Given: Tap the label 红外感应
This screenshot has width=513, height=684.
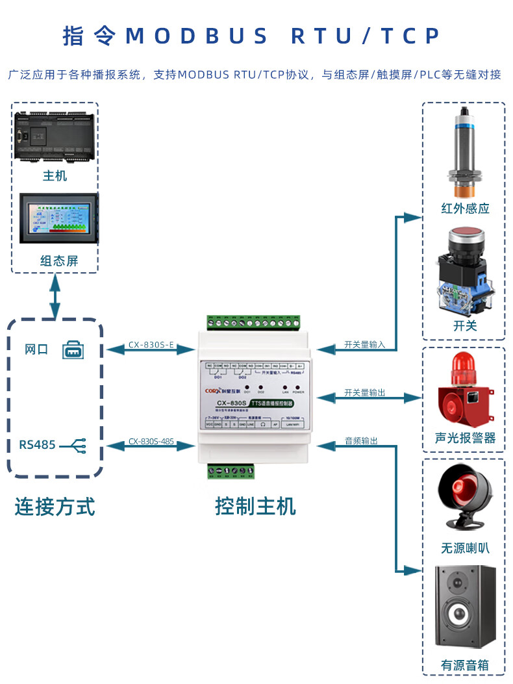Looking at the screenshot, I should coord(464,209).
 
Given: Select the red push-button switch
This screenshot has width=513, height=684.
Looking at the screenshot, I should coord(464,273).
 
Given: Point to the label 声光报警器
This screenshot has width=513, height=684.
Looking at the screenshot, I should coord(464,438).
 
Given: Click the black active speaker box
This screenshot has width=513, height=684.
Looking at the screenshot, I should coord(464,607).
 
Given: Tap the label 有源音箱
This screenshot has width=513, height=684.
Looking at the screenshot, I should coord(464,665).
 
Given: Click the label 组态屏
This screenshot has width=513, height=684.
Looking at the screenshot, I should coord(58,261).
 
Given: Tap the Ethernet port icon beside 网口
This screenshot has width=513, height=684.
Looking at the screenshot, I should coord(73,350).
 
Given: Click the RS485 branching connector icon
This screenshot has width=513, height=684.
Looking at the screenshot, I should coord(76,446).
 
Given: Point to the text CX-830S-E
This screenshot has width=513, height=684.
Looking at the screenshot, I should coord(151,345).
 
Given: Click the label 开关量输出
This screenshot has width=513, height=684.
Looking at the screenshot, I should coord(364,392).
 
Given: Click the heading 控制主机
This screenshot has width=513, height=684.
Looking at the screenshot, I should coord(255,506).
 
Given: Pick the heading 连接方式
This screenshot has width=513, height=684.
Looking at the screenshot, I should coord(55,506).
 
